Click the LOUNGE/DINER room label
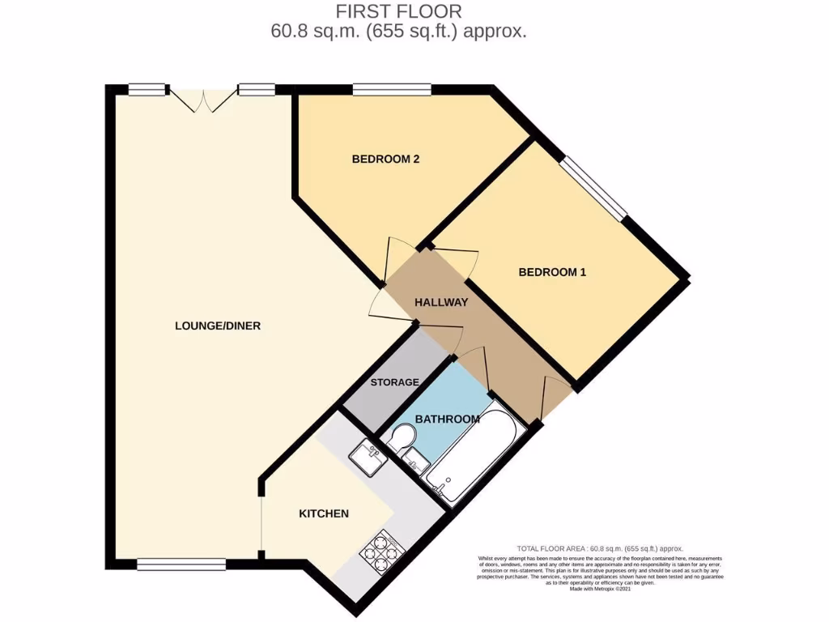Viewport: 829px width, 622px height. (217, 326)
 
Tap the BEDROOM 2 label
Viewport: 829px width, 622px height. (385, 160)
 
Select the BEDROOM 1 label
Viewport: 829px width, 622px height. (552, 273)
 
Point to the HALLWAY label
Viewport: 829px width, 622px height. (441, 303)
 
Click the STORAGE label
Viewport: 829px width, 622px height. (394, 382)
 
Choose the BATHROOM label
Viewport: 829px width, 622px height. (447, 419)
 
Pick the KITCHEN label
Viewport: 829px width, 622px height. (324, 514)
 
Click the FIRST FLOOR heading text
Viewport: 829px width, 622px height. (399, 11)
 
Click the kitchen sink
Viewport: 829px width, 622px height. (369, 458)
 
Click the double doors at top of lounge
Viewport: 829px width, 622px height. (205, 99)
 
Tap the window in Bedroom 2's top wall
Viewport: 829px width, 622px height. (391, 89)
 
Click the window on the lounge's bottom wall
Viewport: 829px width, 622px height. (181, 564)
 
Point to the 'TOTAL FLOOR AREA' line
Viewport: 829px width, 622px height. (600, 548)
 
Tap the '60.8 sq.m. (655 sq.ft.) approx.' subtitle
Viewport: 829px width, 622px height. (399, 32)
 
